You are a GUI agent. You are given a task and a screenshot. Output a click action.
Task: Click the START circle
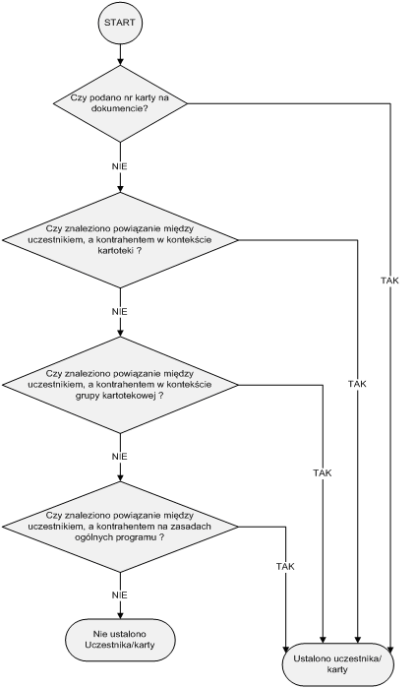120,23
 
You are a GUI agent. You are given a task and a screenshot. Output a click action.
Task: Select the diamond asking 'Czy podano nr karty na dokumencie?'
120,103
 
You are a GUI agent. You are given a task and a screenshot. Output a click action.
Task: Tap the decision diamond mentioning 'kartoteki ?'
120,240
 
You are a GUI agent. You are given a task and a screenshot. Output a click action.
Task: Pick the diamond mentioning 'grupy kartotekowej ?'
120,385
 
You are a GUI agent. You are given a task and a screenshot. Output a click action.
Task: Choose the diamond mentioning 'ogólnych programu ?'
120,527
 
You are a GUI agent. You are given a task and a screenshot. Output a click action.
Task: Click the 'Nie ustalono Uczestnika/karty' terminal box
120,640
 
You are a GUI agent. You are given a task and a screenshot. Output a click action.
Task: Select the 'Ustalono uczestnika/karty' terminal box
337,664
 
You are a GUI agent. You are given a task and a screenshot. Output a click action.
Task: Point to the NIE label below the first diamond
120,166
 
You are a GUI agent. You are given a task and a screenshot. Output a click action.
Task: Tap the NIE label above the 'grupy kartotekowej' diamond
120,312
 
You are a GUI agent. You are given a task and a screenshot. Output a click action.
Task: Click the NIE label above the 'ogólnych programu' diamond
120,457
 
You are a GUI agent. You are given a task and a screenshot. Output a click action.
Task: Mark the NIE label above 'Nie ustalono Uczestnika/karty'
120,595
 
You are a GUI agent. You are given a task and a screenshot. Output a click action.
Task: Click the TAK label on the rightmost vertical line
389,281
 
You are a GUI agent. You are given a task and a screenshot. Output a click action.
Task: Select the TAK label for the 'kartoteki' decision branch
357,384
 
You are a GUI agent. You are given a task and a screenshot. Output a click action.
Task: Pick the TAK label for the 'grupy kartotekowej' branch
323,473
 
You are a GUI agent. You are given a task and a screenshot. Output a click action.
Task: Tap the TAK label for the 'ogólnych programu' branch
285,567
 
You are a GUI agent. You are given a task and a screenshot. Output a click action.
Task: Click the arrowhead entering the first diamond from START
120,62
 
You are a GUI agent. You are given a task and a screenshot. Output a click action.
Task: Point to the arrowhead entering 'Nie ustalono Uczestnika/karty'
120,615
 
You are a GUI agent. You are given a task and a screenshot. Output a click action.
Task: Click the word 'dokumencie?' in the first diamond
120,108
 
